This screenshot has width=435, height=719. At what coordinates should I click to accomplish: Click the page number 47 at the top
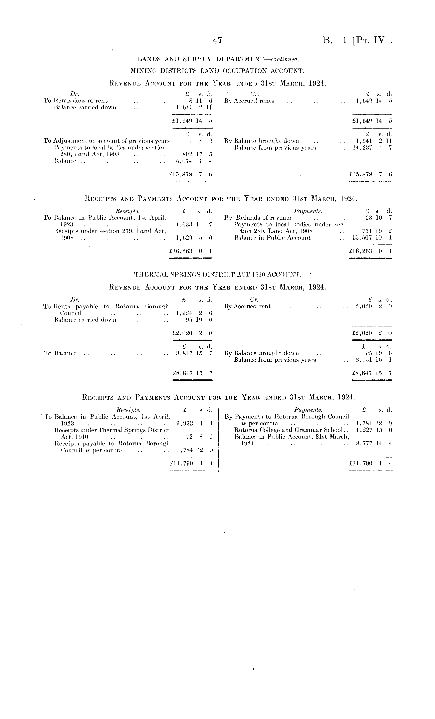pos(217,40)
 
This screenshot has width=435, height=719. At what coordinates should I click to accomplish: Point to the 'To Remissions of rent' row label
pos(75,101)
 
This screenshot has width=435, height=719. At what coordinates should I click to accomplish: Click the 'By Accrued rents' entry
pos(249,101)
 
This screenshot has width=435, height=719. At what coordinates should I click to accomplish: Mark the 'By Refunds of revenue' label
pos(258,218)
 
